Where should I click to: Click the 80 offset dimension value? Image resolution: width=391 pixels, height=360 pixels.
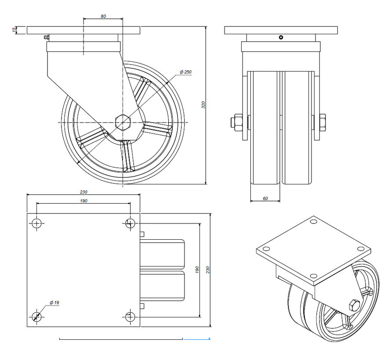click(x=103, y=16)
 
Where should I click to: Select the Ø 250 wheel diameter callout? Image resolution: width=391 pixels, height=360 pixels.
click(x=185, y=72)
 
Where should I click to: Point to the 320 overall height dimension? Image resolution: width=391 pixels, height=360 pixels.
click(x=203, y=104)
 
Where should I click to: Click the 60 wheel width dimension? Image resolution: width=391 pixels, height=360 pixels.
click(x=265, y=198)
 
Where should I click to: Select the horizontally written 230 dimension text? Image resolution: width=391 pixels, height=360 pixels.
click(x=84, y=192)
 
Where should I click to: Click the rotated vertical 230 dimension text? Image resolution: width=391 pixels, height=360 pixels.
click(x=208, y=269)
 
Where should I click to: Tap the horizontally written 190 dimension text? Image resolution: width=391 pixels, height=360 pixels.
click(x=84, y=201)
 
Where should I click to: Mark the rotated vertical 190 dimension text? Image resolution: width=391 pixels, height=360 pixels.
click(x=197, y=269)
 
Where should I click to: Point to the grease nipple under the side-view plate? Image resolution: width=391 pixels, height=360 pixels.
click(x=46, y=38)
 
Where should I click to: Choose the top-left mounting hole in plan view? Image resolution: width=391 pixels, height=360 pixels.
click(x=37, y=223)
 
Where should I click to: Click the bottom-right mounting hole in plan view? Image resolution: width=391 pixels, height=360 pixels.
click(x=130, y=316)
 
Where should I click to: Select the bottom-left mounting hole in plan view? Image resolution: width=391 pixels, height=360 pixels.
click(x=37, y=316)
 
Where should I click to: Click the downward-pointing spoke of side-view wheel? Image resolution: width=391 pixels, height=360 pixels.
click(x=127, y=157)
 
